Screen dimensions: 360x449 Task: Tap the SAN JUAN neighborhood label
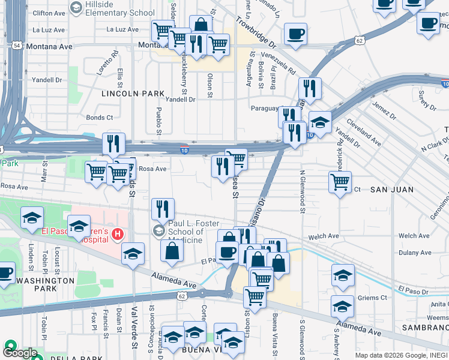(x=391, y=190)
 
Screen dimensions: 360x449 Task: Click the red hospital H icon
(x=118, y=234)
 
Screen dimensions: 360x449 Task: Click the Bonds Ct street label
(x=100, y=118)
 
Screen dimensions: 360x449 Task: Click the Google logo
(x=19, y=353)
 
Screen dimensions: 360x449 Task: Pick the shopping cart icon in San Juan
(x=340, y=181)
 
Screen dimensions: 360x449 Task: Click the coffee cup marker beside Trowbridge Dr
(x=295, y=34)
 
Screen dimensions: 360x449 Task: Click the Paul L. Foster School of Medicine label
(x=189, y=229)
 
